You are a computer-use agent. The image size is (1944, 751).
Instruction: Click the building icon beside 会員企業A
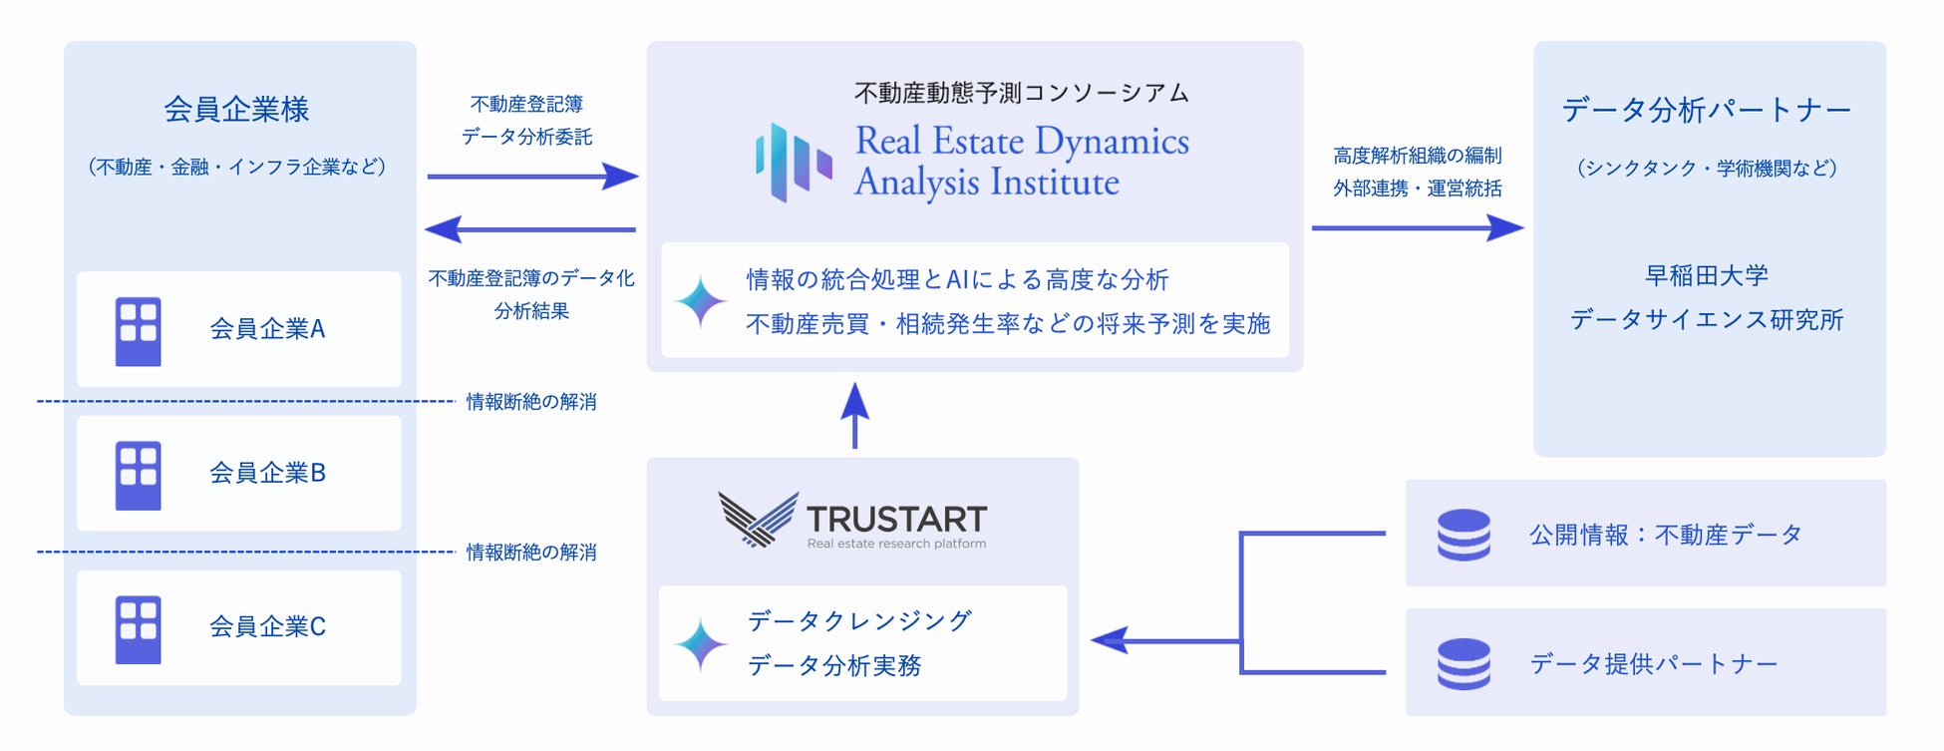pos(139,331)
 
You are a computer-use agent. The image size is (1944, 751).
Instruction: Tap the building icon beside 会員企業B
pos(139,476)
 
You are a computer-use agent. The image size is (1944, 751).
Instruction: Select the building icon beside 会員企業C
pos(139,629)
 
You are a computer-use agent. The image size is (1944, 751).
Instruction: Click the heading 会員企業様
pos(237,110)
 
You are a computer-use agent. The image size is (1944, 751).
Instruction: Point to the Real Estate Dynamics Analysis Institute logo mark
pos(793,162)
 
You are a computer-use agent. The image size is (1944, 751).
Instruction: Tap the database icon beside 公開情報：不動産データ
pos(1463,535)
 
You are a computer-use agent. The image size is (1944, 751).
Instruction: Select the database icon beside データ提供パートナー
pos(1463,663)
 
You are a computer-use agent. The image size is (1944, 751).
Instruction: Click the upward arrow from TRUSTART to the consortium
pos(854,414)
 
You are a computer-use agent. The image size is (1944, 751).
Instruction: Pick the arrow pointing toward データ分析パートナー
pos(1418,228)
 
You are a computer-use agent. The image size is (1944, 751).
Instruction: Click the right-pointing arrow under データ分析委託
pos(533,177)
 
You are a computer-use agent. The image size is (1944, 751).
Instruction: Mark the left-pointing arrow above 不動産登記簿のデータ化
pos(530,229)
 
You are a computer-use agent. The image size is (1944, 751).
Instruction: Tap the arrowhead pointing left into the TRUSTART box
pos(1110,640)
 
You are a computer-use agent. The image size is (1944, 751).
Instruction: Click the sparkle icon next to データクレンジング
pos(701,644)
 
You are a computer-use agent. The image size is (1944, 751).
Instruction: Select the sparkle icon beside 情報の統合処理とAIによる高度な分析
pos(701,301)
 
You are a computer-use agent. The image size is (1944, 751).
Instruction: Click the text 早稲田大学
pos(1707,275)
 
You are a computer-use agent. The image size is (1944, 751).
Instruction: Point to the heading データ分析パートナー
pos(1706,110)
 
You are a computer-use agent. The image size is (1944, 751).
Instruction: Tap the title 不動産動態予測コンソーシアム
pos(1022,93)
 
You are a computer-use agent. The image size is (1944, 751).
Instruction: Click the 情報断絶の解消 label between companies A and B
pos(531,402)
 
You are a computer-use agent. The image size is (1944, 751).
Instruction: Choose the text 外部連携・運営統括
pos(1417,188)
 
